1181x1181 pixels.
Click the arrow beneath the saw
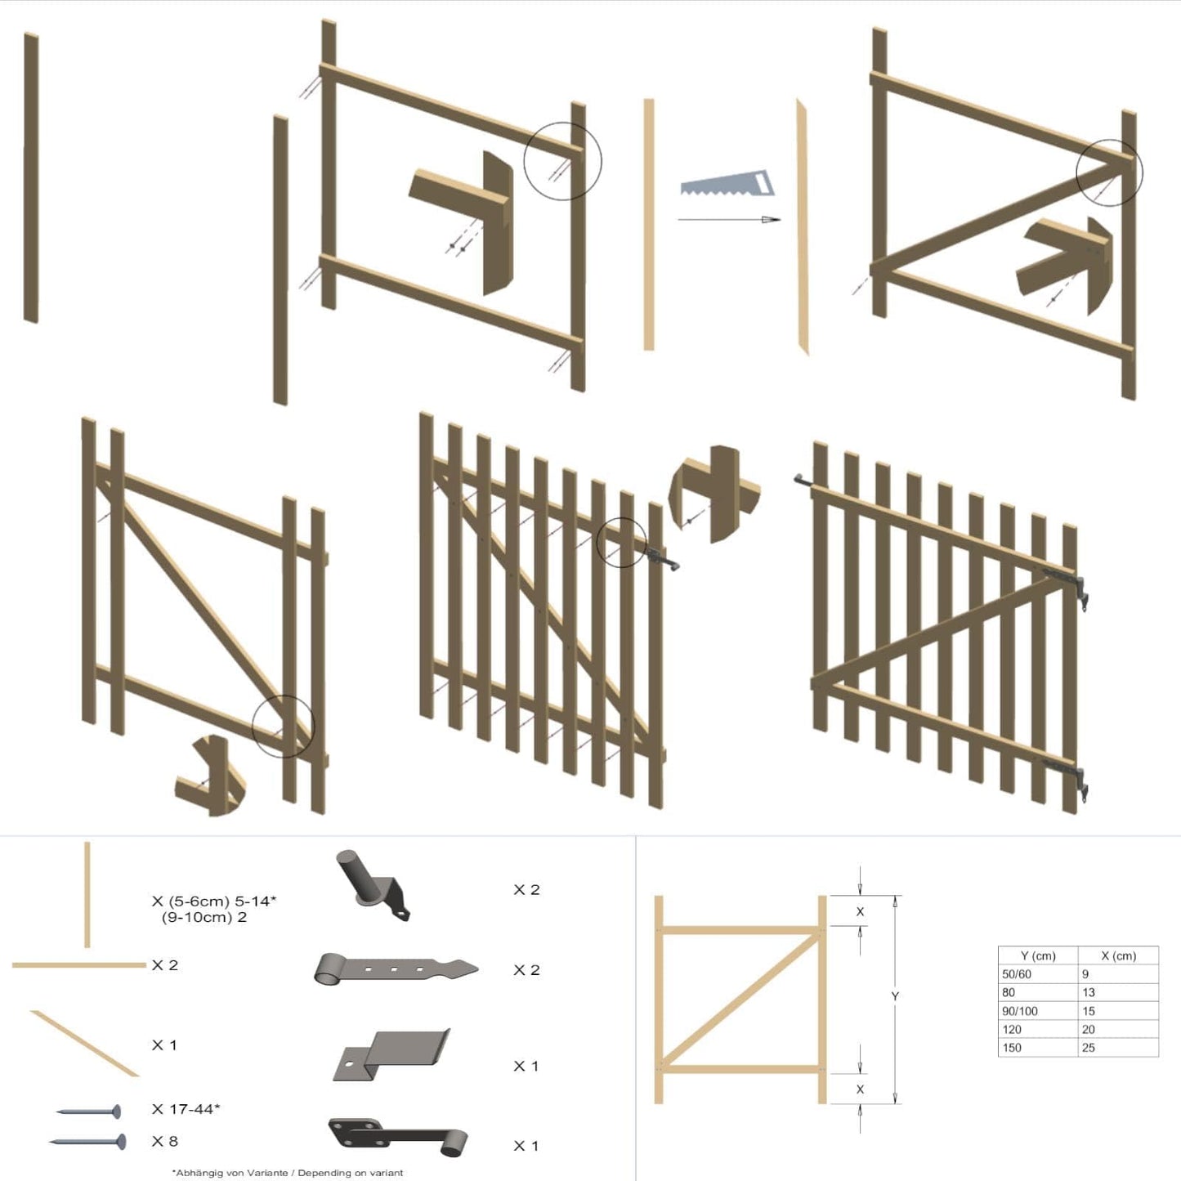728,219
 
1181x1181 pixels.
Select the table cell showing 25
1089,1048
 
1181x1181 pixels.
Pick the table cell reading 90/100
1020,1011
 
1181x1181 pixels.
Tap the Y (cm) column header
1038,955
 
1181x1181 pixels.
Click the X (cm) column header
1118,955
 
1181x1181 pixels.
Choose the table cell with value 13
1089,992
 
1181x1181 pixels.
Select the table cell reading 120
1012,1030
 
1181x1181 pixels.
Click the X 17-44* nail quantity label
186,1109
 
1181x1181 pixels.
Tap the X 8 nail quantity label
165,1141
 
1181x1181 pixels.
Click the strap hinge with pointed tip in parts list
396,970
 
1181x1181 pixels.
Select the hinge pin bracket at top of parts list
372,887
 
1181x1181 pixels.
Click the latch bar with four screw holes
398,1138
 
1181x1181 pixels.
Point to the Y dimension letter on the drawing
895,996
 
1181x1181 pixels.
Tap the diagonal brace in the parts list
85,1044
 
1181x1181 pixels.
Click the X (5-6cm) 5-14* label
214,901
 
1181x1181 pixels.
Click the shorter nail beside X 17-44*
89,1112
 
